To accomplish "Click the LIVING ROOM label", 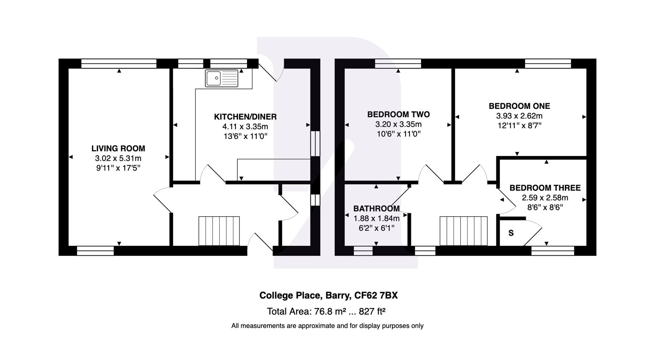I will (x=118, y=148).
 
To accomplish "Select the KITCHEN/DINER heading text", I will (x=245, y=117).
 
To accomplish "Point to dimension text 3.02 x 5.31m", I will (x=118, y=158).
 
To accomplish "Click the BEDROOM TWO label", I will (x=398, y=114).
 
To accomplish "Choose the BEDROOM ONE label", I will (x=519, y=106).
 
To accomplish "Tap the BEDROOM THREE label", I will (x=545, y=188).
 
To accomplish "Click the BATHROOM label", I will (x=376, y=208).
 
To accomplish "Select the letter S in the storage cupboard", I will (x=511, y=233).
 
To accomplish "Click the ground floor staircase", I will (x=219, y=231).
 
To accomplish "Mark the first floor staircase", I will (x=463, y=231).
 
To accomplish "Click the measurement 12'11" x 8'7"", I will (x=519, y=126).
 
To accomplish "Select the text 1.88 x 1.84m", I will (x=376, y=218).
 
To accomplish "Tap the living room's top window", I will (x=119, y=63).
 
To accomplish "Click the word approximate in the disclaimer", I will (x=316, y=326).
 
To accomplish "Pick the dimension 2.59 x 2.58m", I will (x=545, y=198).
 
